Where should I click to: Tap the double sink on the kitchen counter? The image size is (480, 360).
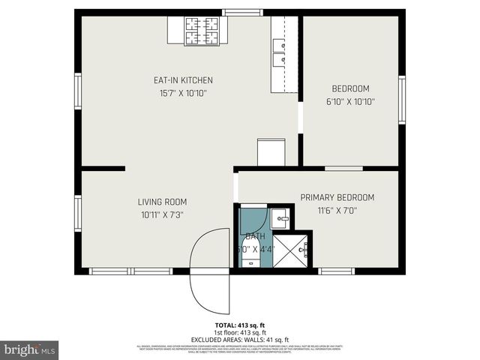tap(280, 52)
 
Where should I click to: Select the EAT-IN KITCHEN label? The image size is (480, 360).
tap(184, 80)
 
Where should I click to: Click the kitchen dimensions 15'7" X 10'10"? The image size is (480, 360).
tap(184, 94)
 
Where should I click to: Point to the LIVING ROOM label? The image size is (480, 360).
tap(162, 202)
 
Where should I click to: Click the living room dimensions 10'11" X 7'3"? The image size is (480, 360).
tap(162, 214)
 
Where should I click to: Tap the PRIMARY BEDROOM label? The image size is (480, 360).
tap(337, 198)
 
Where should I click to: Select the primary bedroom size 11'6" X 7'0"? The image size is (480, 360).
tap(337, 211)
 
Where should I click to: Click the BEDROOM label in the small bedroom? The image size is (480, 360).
tap(350, 88)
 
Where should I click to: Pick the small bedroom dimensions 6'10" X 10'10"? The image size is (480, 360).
tap(350, 101)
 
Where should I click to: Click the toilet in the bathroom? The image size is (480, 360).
tap(250, 259)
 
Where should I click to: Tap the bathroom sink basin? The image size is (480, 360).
tap(282, 220)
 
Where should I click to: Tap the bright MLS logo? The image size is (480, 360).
tap(30, 349)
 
